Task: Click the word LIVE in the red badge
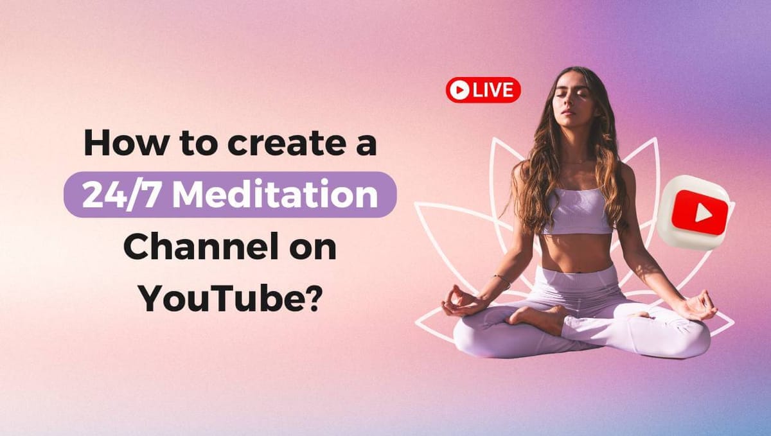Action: pos(493,91)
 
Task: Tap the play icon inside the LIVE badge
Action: pos(459,91)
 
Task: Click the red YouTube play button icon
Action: pos(699,212)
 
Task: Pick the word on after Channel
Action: pos(310,247)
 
